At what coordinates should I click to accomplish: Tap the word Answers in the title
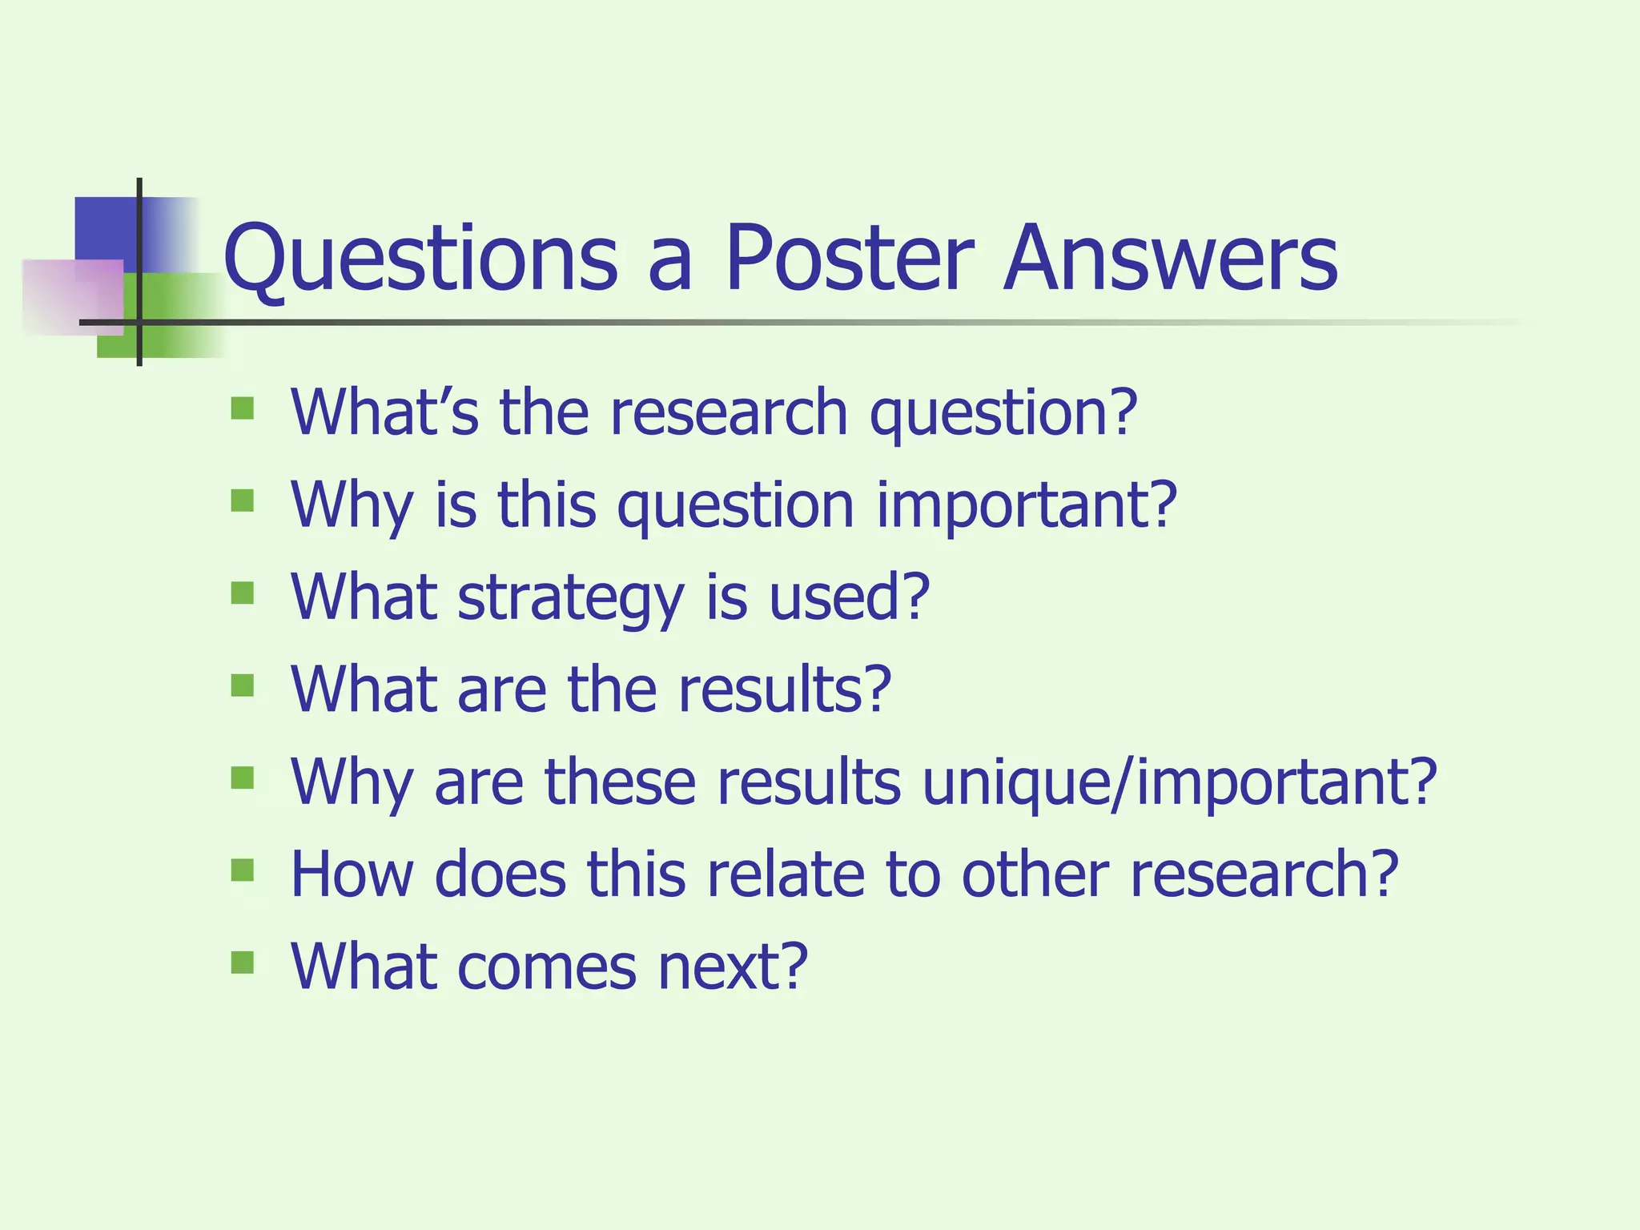1170,258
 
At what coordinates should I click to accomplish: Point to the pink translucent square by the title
72,297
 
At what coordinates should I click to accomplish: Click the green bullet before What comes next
242,962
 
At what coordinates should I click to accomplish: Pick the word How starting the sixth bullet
352,874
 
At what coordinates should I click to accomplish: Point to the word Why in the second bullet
352,506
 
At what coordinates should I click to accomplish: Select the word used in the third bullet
848,597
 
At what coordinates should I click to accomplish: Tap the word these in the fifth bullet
620,782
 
